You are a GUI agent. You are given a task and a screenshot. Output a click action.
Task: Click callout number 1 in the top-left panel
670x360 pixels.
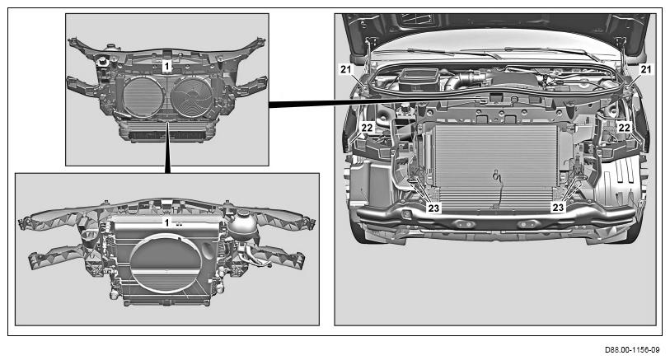click(x=167, y=66)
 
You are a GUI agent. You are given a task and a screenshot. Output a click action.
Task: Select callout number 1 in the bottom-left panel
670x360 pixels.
click(x=167, y=222)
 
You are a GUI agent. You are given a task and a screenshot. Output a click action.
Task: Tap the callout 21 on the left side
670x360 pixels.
click(x=346, y=68)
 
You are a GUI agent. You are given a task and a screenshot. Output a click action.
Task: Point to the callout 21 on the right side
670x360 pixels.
click(x=646, y=68)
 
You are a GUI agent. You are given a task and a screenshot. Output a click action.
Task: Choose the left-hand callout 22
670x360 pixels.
click(x=367, y=127)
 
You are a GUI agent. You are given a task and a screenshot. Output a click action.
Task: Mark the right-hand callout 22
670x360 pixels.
click(x=625, y=127)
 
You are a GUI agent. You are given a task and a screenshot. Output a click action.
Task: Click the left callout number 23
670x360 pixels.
click(x=433, y=208)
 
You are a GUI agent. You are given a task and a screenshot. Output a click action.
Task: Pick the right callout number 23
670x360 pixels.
click(x=558, y=208)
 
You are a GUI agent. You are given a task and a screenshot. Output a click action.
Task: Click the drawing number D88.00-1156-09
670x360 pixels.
click(x=632, y=350)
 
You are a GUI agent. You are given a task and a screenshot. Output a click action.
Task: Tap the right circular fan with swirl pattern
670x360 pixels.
click(x=192, y=96)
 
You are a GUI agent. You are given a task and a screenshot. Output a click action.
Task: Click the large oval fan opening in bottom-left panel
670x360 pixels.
click(x=166, y=262)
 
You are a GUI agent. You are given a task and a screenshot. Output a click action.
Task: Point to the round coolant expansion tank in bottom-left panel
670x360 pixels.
click(x=241, y=223)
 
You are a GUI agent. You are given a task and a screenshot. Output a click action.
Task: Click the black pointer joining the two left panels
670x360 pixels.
click(x=168, y=147)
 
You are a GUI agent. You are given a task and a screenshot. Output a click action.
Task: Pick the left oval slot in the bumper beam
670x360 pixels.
click(x=463, y=224)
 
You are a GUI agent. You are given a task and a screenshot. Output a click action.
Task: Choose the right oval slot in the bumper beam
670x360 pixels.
click(x=527, y=224)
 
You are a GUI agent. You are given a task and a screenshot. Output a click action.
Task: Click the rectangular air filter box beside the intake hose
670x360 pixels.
click(x=419, y=78)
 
